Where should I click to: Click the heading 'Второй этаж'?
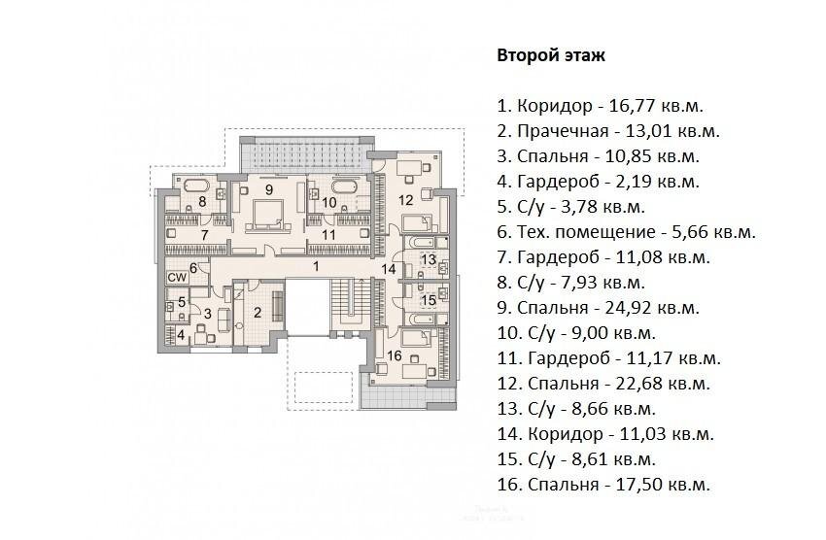[x=551, y=55]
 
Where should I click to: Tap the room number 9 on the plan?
[x=269, y=189]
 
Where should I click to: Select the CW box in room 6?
[x=177, y=277]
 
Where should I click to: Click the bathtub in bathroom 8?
[x=195, y=186]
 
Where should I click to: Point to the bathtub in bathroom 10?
[x=344, y=186]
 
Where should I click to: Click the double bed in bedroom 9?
[x=268, y=216]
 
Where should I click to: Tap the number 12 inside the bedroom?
[x=405, y=200]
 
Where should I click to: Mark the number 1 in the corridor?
[x=316, y=266]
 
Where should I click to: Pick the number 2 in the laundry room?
[x=258, y=313]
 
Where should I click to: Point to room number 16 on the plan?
[x=394, y=355]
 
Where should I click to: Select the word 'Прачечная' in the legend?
[x=562, y=131]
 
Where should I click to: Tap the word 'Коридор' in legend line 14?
[x=565, y=435]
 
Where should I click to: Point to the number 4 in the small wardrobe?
[x=181, y=335]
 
